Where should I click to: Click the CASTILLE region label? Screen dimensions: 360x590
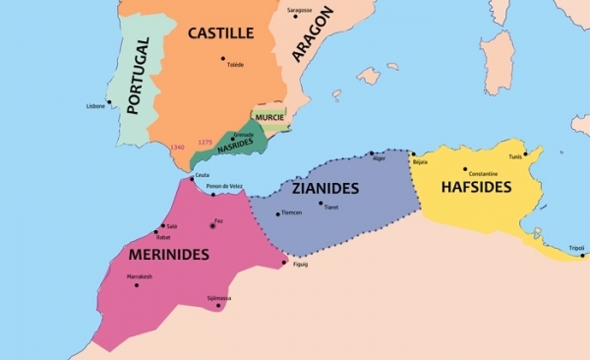click(221, 33)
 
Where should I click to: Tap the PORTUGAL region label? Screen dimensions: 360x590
click(141, 78)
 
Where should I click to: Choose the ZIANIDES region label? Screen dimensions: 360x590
click(324, 188)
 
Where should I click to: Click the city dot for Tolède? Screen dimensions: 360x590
click(222, 57)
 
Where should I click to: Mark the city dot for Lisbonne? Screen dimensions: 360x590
click(109, 100)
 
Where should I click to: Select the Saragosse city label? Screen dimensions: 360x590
click(299, 9)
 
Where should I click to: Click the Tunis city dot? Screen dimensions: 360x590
click(526, 153)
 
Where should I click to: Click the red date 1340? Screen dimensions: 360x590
click(177, 147)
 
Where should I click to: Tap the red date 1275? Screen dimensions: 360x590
click(205, 142)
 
